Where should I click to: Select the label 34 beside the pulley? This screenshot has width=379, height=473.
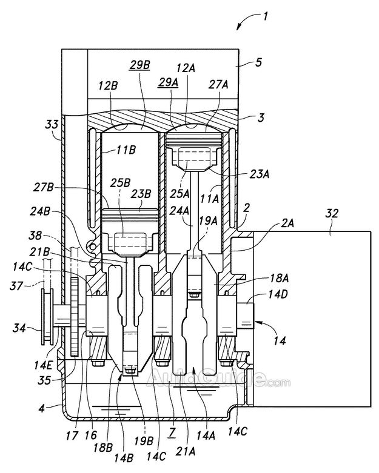(19, 328)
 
